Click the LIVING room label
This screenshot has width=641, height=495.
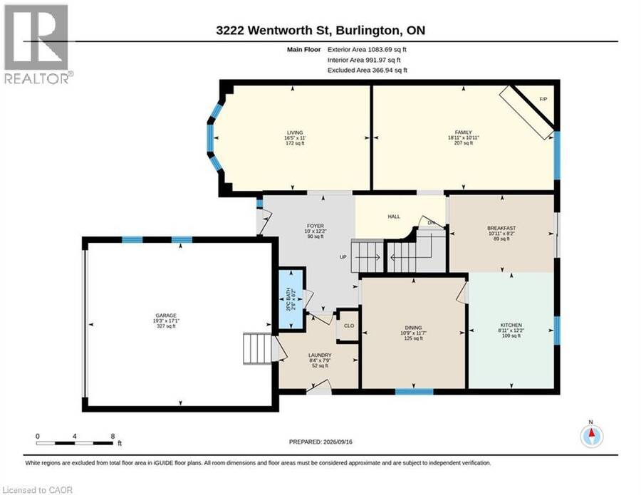(295, 132)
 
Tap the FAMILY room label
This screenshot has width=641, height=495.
(463, 132)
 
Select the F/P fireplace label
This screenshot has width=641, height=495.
(543, 99)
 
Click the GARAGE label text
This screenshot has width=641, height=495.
(166, 316)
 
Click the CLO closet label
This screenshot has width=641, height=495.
(349, 325)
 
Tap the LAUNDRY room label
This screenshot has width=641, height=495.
(320, 355)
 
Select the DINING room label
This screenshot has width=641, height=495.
(413, 328)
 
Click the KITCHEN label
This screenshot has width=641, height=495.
(511, 325)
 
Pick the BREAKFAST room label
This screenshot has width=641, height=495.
(501, 228)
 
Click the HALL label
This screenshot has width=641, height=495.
(394, 217)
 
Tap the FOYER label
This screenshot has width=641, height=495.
(316, 226)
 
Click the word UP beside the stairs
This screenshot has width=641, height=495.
(343, 257)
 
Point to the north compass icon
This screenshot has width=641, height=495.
(591, 436)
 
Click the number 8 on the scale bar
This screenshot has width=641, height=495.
(113, 436)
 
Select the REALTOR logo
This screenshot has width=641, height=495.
(38, 44)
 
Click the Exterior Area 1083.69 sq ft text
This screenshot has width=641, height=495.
(367, 49)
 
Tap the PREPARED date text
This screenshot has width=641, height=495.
(320, 442)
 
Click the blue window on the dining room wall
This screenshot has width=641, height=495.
(414, 392)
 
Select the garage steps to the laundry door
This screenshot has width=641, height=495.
(257, 348)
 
